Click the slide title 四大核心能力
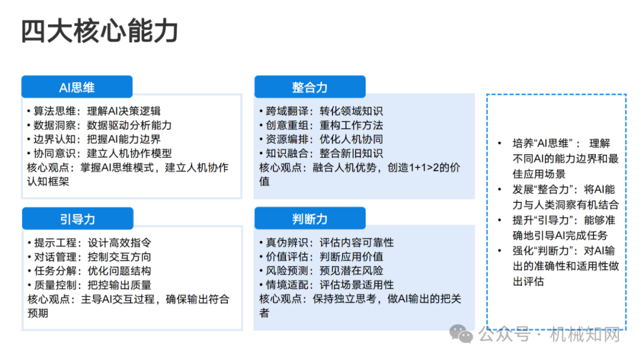coord(100,31)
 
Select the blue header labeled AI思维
coord(77,87)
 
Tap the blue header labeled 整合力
coord(310,87)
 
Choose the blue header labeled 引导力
coord(78,219)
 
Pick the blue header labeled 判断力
coord(310,219)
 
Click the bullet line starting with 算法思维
coord(94,111)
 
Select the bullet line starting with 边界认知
coord(94,139)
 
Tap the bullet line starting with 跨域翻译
coord(321,111)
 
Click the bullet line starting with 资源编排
coord(321,139)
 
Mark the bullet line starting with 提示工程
coord(89,243)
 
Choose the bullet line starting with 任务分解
coord(89,271)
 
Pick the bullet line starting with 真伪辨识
coord(326,243)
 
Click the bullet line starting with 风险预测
coord(321,271)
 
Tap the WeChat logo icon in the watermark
coord(461,334)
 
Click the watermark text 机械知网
coord(585,334)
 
